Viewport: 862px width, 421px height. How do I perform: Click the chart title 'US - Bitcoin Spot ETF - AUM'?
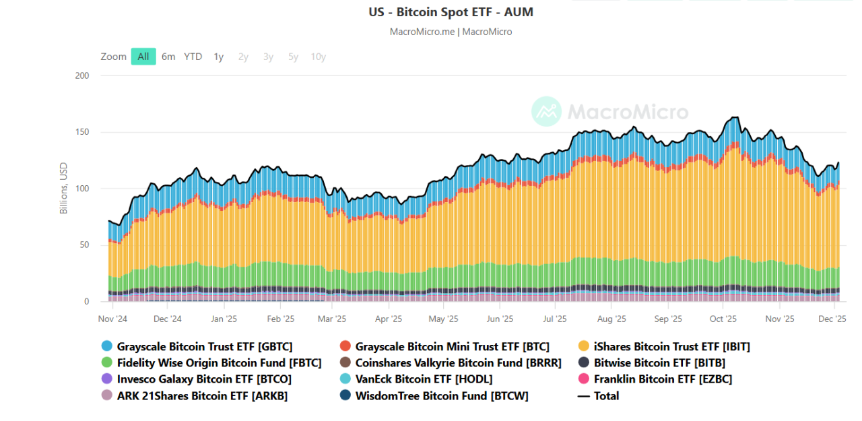pos(451,12)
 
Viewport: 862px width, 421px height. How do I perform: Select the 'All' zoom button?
pos(143,57)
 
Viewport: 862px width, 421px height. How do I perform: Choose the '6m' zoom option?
pos(168,57)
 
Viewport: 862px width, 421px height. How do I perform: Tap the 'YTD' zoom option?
pos(193,57)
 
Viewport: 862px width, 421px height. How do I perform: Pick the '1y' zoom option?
pos(219,57)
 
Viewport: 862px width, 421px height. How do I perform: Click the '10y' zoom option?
pos(319,57)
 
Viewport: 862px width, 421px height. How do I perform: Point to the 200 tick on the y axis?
pos(82,75)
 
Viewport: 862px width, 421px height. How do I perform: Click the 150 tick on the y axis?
pos(82,132)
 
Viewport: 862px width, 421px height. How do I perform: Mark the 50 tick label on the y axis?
pos(84,245)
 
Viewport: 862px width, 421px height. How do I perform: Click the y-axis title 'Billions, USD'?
pos(64,189)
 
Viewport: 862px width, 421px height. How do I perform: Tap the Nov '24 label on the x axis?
pos(112,319)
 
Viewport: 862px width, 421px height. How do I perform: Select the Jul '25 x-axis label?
pos(555,319)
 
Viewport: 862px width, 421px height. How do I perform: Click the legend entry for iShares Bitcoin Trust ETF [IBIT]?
pos(672,347)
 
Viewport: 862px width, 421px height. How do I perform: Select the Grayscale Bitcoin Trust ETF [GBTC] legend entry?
pos(205,347)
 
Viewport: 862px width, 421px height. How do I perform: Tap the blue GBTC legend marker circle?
pos(106,347)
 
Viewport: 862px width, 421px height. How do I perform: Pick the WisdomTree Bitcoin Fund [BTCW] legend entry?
pos(442,396)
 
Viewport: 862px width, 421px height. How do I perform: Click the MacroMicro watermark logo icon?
pos(546,111)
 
